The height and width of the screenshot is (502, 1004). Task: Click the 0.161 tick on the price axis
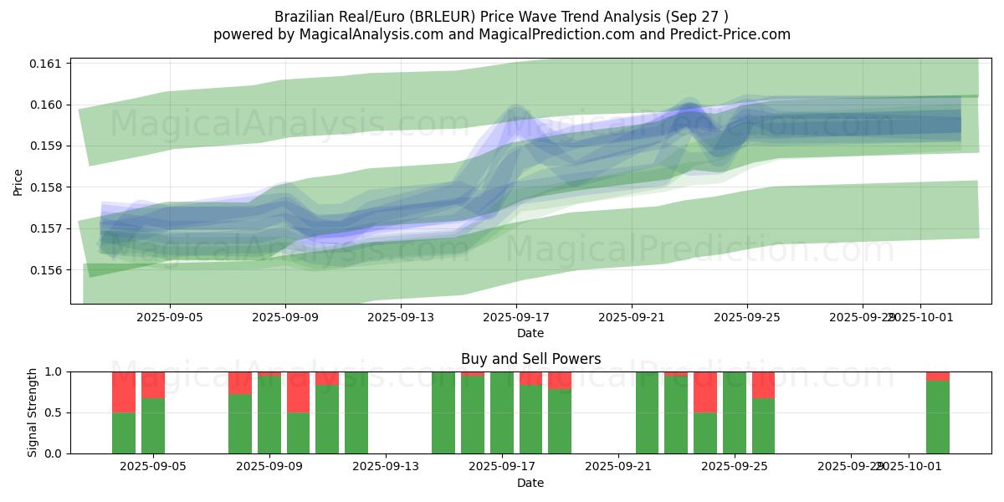click(47, 64)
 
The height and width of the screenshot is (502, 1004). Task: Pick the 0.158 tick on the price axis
click(47, 187)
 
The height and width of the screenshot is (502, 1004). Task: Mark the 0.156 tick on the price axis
click(47, 269)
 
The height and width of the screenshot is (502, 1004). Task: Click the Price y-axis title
click(18, 181)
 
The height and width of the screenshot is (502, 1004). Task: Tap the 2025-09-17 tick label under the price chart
click(516, 318)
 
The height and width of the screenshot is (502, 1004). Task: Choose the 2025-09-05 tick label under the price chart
click(171, 318)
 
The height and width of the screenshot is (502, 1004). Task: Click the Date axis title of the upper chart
click(530, 334)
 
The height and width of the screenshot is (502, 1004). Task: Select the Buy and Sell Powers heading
click(530, 359)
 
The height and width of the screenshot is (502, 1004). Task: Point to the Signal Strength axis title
click(33, 412)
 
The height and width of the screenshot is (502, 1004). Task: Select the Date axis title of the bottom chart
click(530, 483)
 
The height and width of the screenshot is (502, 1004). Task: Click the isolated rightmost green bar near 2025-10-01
click(937, 417)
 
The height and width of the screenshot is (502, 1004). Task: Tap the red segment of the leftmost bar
click(124, 392)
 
